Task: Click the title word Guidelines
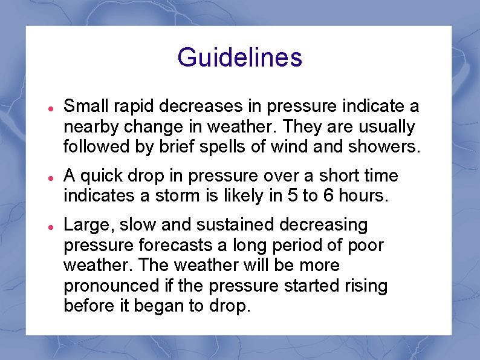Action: (239, 58)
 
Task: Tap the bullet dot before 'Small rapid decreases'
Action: (52, 108)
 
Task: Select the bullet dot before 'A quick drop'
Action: (52, 177)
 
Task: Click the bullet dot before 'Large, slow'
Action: (52, 226)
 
